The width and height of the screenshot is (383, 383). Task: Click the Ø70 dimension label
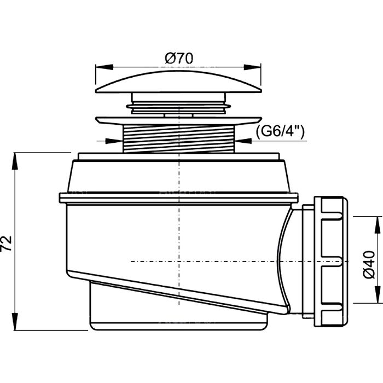(x=177, y=57)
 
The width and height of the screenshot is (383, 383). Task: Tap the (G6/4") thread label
(x=279, y=131)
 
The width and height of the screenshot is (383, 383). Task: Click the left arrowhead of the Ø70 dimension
(x=100, y=67)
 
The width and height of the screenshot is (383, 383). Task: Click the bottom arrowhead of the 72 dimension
(x=15, y=326)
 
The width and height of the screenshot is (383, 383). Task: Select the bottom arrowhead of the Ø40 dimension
(x=376, y=299)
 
